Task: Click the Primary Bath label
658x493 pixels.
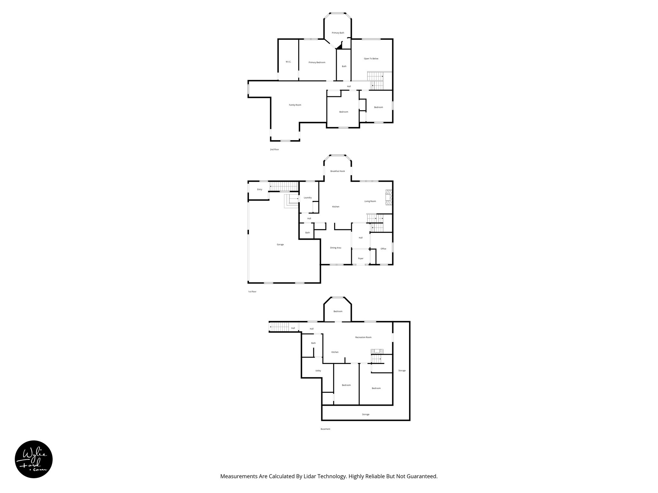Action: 338,33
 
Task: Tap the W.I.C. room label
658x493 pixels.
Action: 288,62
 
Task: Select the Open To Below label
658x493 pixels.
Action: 371,59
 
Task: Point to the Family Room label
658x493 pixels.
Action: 295,105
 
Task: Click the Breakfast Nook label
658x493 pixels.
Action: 337,171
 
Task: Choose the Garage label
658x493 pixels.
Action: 280,245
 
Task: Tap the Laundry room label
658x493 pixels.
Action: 307,198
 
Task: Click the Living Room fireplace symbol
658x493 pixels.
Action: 389,197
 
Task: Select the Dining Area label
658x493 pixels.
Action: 335,248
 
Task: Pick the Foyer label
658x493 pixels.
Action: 360,258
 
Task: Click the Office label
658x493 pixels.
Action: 383,249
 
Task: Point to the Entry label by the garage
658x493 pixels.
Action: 260,189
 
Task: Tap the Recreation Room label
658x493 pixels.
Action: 363,337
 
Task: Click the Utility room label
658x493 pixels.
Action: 318,371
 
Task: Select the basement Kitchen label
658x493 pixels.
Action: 335,352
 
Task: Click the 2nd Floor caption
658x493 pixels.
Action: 274,150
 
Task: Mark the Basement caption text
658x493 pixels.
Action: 325,429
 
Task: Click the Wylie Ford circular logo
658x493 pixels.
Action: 34,459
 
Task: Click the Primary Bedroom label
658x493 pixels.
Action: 317,62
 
